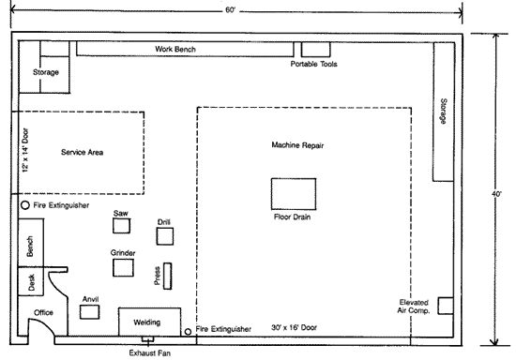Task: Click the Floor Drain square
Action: click(294, 194)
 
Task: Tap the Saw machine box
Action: click(121, 226)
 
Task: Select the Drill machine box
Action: click(165, 236)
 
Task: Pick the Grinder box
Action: click(123, 267)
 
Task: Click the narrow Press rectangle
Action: click(168, 277)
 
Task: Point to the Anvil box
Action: click(89, 312)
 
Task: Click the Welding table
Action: click(149, 322)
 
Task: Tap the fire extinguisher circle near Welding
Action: click(188, 332)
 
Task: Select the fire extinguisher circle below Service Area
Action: click(25, 205)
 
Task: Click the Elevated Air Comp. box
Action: click(446, 306)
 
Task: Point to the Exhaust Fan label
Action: click(150, 353)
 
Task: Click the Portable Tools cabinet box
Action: click(315, 50)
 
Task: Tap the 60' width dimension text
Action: click(231, 10)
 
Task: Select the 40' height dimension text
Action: click(496, 194)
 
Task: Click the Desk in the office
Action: click(31, 281)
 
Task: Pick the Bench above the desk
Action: click(31, 243)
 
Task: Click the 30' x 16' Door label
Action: click(295, 327)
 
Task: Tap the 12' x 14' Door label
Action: click(25, 150)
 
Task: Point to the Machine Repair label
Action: click(297, 145)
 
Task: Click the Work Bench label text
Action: click(175, 49)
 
